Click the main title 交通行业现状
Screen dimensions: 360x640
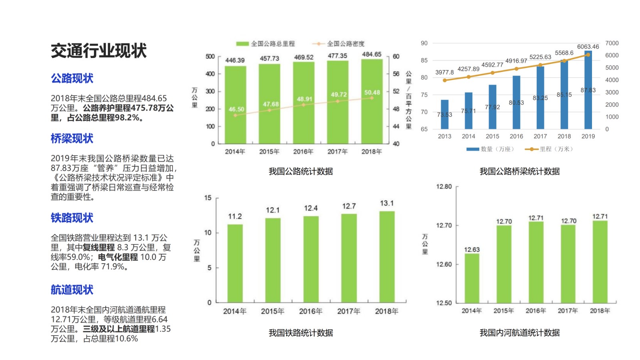click(98, 51)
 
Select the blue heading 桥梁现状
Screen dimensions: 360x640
click(72, 138)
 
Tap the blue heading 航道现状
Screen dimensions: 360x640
click(72, 290)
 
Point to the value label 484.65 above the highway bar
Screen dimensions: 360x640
click(372, 54)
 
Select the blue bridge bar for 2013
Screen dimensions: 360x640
click(444, 114)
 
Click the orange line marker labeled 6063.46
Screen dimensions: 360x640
click(588, 55)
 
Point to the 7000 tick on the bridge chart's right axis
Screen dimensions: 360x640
click(612, 43)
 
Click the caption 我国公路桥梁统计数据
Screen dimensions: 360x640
click(520, 172)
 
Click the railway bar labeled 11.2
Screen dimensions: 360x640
click(235, 263)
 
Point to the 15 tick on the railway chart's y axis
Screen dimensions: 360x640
click(208, 198)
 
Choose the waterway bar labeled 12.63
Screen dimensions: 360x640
click(472, 278)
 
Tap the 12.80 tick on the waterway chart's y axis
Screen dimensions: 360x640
click(444, 187)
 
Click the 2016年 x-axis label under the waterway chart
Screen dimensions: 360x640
click(536, 311)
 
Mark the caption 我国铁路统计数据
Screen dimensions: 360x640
click(301, 333)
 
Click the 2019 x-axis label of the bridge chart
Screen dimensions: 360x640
click(588, 136)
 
